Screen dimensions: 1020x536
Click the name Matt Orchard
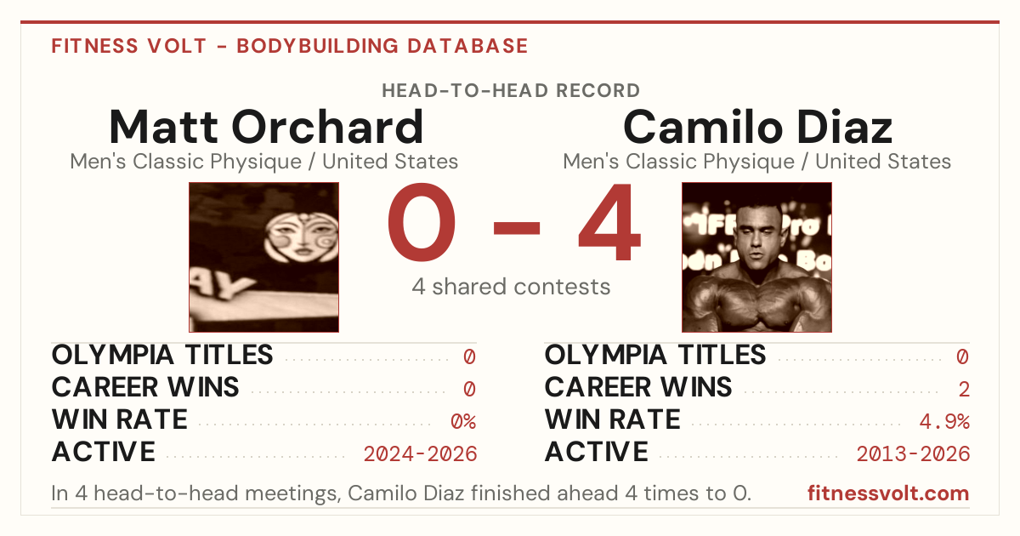tap(266, 127)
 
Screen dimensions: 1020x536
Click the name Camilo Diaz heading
tap(757, 127)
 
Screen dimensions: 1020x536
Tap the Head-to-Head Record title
tap(511, 91)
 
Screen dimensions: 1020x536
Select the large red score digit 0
tap(422, 222)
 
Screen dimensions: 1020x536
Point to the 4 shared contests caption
tap(511, 287)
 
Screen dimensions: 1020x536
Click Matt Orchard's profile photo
tap(264, 257)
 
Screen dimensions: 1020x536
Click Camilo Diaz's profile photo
tap(756, 257)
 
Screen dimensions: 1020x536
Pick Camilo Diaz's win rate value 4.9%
tap(944, 421)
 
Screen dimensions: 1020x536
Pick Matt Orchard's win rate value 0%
tap(463, 421)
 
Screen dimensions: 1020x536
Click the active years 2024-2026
tap(420, 454)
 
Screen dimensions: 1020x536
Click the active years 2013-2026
tap(913, 454)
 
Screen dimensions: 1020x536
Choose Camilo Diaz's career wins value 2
tap(964, 389)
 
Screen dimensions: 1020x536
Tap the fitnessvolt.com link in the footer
tap(888, 493)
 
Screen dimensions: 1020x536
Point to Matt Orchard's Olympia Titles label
tap(162, 355)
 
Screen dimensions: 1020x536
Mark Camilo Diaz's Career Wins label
tap(638, 387)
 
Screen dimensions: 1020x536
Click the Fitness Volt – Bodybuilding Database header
tap(290, 46)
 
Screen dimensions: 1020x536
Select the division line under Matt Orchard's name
tap(264, 162)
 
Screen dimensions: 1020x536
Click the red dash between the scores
tap(517, 227)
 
